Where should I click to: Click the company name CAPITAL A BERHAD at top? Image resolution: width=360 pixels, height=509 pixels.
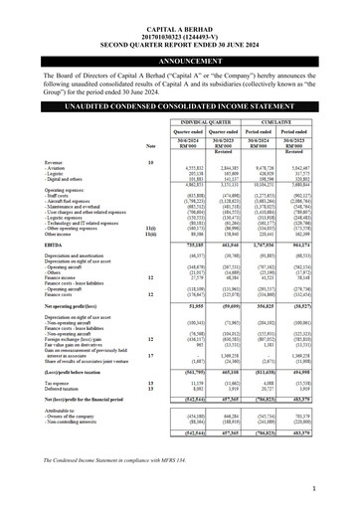[179, 9]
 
